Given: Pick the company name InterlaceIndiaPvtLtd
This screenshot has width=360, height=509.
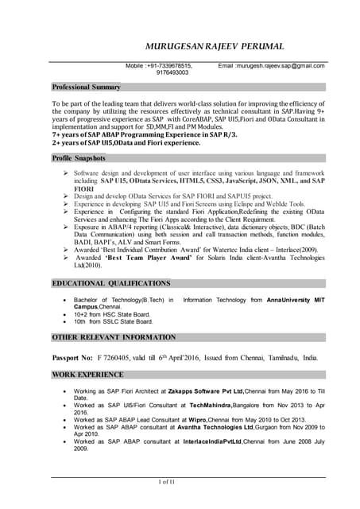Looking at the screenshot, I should tap(201, 443).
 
